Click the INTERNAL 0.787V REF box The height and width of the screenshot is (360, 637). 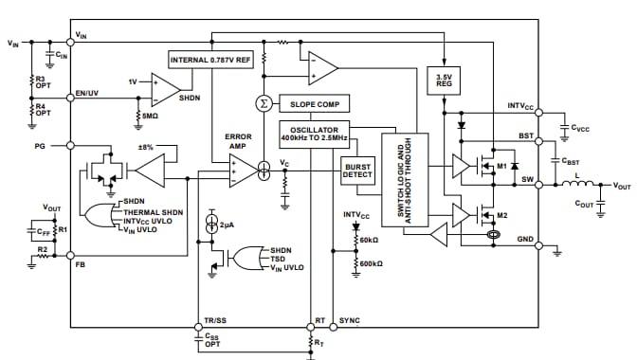click(210, 60)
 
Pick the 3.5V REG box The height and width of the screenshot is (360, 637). click(444, 80)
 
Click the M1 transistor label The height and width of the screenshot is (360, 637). click(501, 167)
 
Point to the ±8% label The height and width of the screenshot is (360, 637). click(146, 148)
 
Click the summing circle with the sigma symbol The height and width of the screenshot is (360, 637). click(264, 103)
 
